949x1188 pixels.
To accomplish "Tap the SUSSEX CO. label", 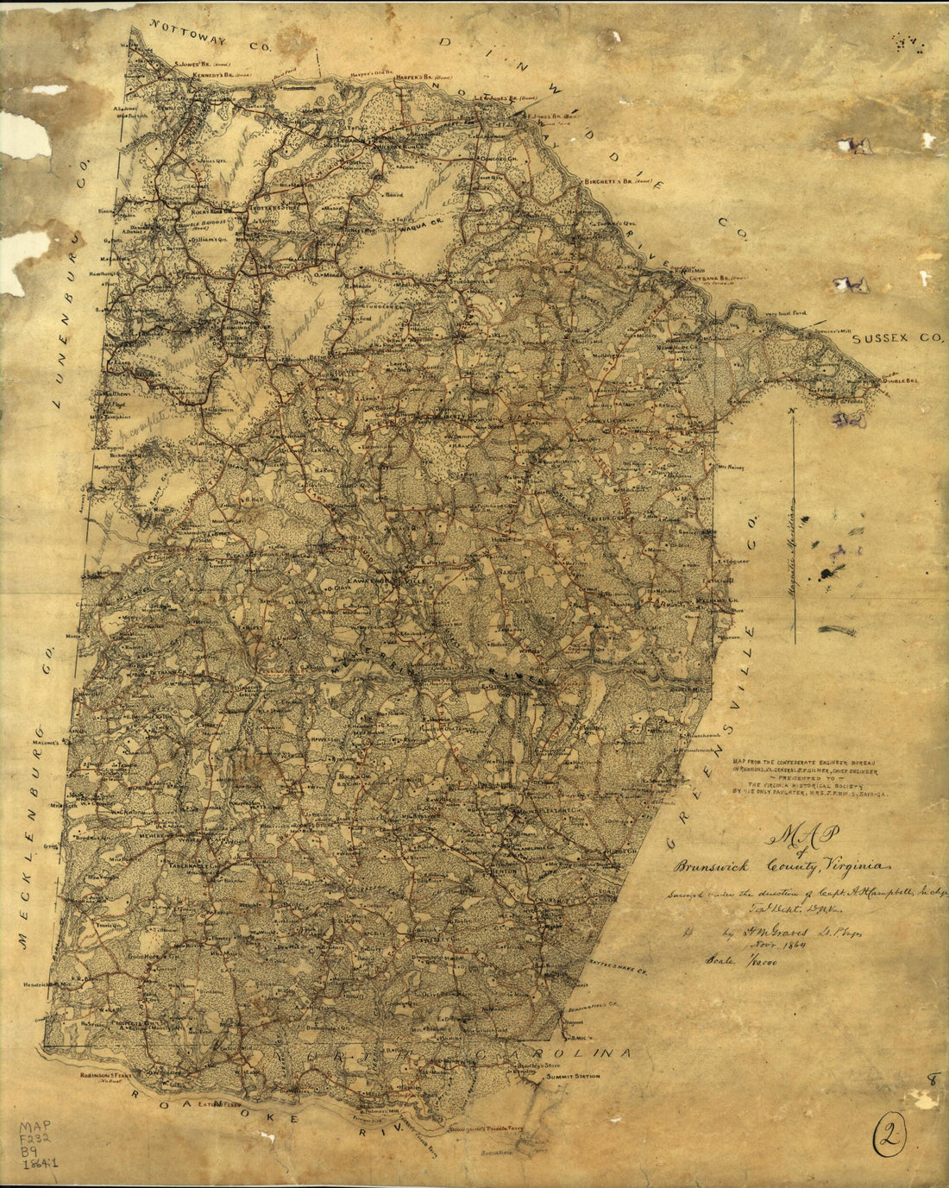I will click(x=898, y=340).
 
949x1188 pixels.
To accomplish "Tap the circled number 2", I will click(x=889, y=1140).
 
